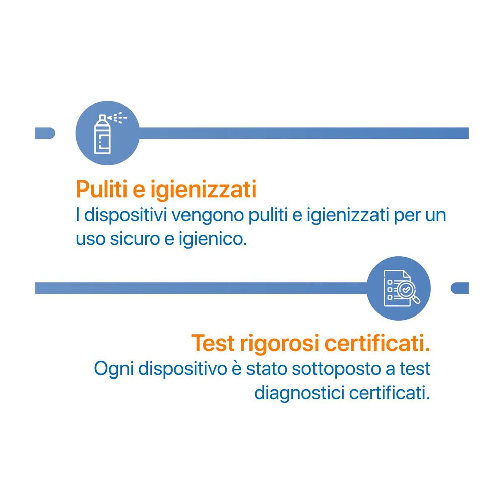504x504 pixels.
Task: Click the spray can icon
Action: click(103, 134)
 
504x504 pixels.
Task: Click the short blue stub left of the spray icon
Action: click(45, 133)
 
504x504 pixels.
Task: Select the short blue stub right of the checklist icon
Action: click(460, 288)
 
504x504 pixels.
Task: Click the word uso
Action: click(90, 239)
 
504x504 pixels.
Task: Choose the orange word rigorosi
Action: click(279, 344)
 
